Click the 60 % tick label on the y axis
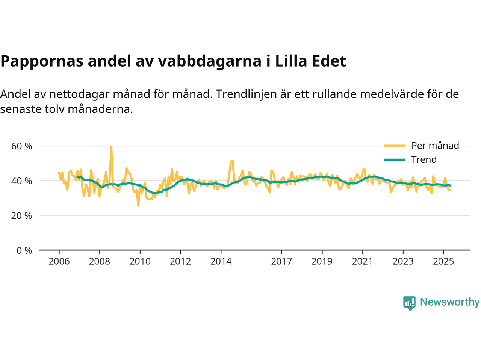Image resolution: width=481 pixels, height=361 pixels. click(x=22, y=146)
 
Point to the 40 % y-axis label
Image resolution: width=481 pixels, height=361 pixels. click(x=22, y=181)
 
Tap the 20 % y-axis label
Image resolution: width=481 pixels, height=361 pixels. click(x=22, y=216)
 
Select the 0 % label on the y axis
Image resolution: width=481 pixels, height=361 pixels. click(x=24, y=250)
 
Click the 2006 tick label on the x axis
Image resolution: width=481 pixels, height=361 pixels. click(x=59, y=261)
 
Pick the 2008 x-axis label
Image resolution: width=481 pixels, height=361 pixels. click(x=100, y=261)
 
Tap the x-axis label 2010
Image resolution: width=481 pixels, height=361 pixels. click(x=140, y=261)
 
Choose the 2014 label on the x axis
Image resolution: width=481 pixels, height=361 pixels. click(x=221, y=261)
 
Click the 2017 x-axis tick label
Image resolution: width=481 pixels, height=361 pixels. click(x=281, y=261)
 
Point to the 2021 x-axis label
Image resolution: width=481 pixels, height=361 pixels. click(x=362, y=261)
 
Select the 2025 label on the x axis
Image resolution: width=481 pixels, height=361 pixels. click(x=443, y=261)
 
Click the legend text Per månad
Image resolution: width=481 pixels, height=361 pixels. click(x=435, y=146)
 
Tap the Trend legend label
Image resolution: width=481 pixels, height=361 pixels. click(x=424, y=159)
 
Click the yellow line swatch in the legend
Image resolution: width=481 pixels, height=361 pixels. click(x=394, y=146)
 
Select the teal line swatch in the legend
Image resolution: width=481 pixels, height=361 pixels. click(x=394, y=159)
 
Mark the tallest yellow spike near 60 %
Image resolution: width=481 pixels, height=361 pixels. click(x=111, y=147)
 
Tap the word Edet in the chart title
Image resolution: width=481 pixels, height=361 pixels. click(x=328, y=61)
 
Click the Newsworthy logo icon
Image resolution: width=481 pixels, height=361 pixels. click(x=409, y=303)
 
